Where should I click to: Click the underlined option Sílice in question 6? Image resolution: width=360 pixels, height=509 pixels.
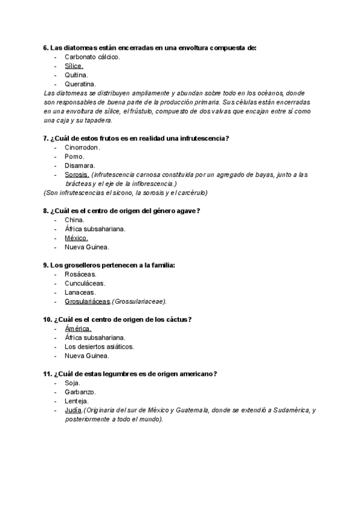73,66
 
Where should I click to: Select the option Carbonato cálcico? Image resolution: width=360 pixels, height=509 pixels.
92,57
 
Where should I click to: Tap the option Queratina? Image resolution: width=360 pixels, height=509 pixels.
80,84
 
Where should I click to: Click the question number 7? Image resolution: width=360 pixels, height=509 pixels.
46,139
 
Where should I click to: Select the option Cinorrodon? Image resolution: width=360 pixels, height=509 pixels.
83,148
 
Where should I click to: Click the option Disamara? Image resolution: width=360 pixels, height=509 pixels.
80,166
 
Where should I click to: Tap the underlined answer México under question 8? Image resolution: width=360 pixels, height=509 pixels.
76,238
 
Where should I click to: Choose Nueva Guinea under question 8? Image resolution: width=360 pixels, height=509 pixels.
87,247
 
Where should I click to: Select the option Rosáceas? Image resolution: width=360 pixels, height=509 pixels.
80,274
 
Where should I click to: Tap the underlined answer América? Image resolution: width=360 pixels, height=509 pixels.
78,329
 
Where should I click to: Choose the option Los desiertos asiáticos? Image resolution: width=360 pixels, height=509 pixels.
99,347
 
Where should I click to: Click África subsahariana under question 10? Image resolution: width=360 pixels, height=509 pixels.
95,338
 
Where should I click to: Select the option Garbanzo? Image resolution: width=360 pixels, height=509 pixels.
80,392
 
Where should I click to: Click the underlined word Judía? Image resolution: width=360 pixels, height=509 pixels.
73,410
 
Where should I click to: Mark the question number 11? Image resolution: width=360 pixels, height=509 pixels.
47,374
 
